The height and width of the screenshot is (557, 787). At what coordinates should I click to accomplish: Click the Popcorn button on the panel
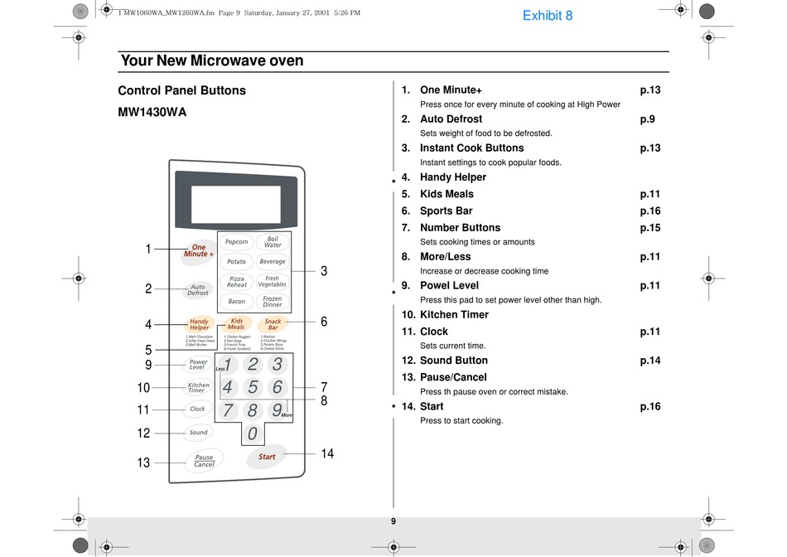tap(237, 242)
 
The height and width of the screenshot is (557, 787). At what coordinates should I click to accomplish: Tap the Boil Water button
tap(273, 242)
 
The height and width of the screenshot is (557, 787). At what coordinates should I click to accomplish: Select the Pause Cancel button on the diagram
tap(204, 461)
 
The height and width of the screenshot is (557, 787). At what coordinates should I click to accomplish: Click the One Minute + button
tap(199, 250)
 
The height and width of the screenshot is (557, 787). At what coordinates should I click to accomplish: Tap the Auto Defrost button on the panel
tap(198, 290)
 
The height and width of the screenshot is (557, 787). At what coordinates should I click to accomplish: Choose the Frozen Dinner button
tap(273, 301)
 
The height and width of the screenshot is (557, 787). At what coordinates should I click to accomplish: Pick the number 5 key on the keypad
tap(253, 387)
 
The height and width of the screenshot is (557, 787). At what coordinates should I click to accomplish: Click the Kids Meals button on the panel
tap(237, 323)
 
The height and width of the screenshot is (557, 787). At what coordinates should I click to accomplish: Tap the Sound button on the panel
tap(199, 432)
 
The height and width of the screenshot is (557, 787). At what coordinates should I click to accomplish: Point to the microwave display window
tap(234, 201)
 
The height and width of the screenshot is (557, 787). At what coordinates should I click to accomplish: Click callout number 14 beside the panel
tap(327, 453)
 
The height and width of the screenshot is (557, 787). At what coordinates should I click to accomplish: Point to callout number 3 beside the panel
tap(324, 271)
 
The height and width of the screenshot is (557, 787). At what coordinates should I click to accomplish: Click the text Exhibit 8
tap(548, 15)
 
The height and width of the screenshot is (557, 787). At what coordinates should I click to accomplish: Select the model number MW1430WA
tap(152, 112)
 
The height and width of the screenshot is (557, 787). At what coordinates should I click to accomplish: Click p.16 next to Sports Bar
tap(650, 211)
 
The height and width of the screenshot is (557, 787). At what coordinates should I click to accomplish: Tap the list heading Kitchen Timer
tap(454, 315)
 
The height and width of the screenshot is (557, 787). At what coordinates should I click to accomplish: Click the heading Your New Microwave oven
tap(212, 61)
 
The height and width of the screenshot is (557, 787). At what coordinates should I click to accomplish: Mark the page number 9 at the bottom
tap(393, 521)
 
